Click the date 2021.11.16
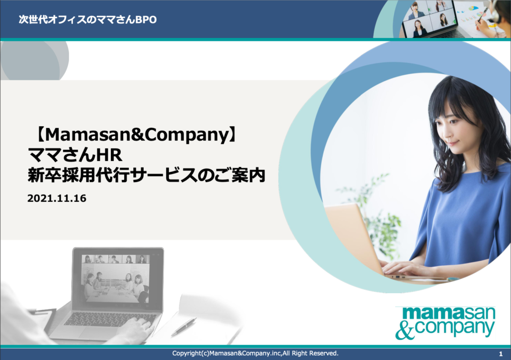coord(57,198)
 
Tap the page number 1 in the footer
coord(500,354)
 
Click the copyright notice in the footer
coord(255,354)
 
